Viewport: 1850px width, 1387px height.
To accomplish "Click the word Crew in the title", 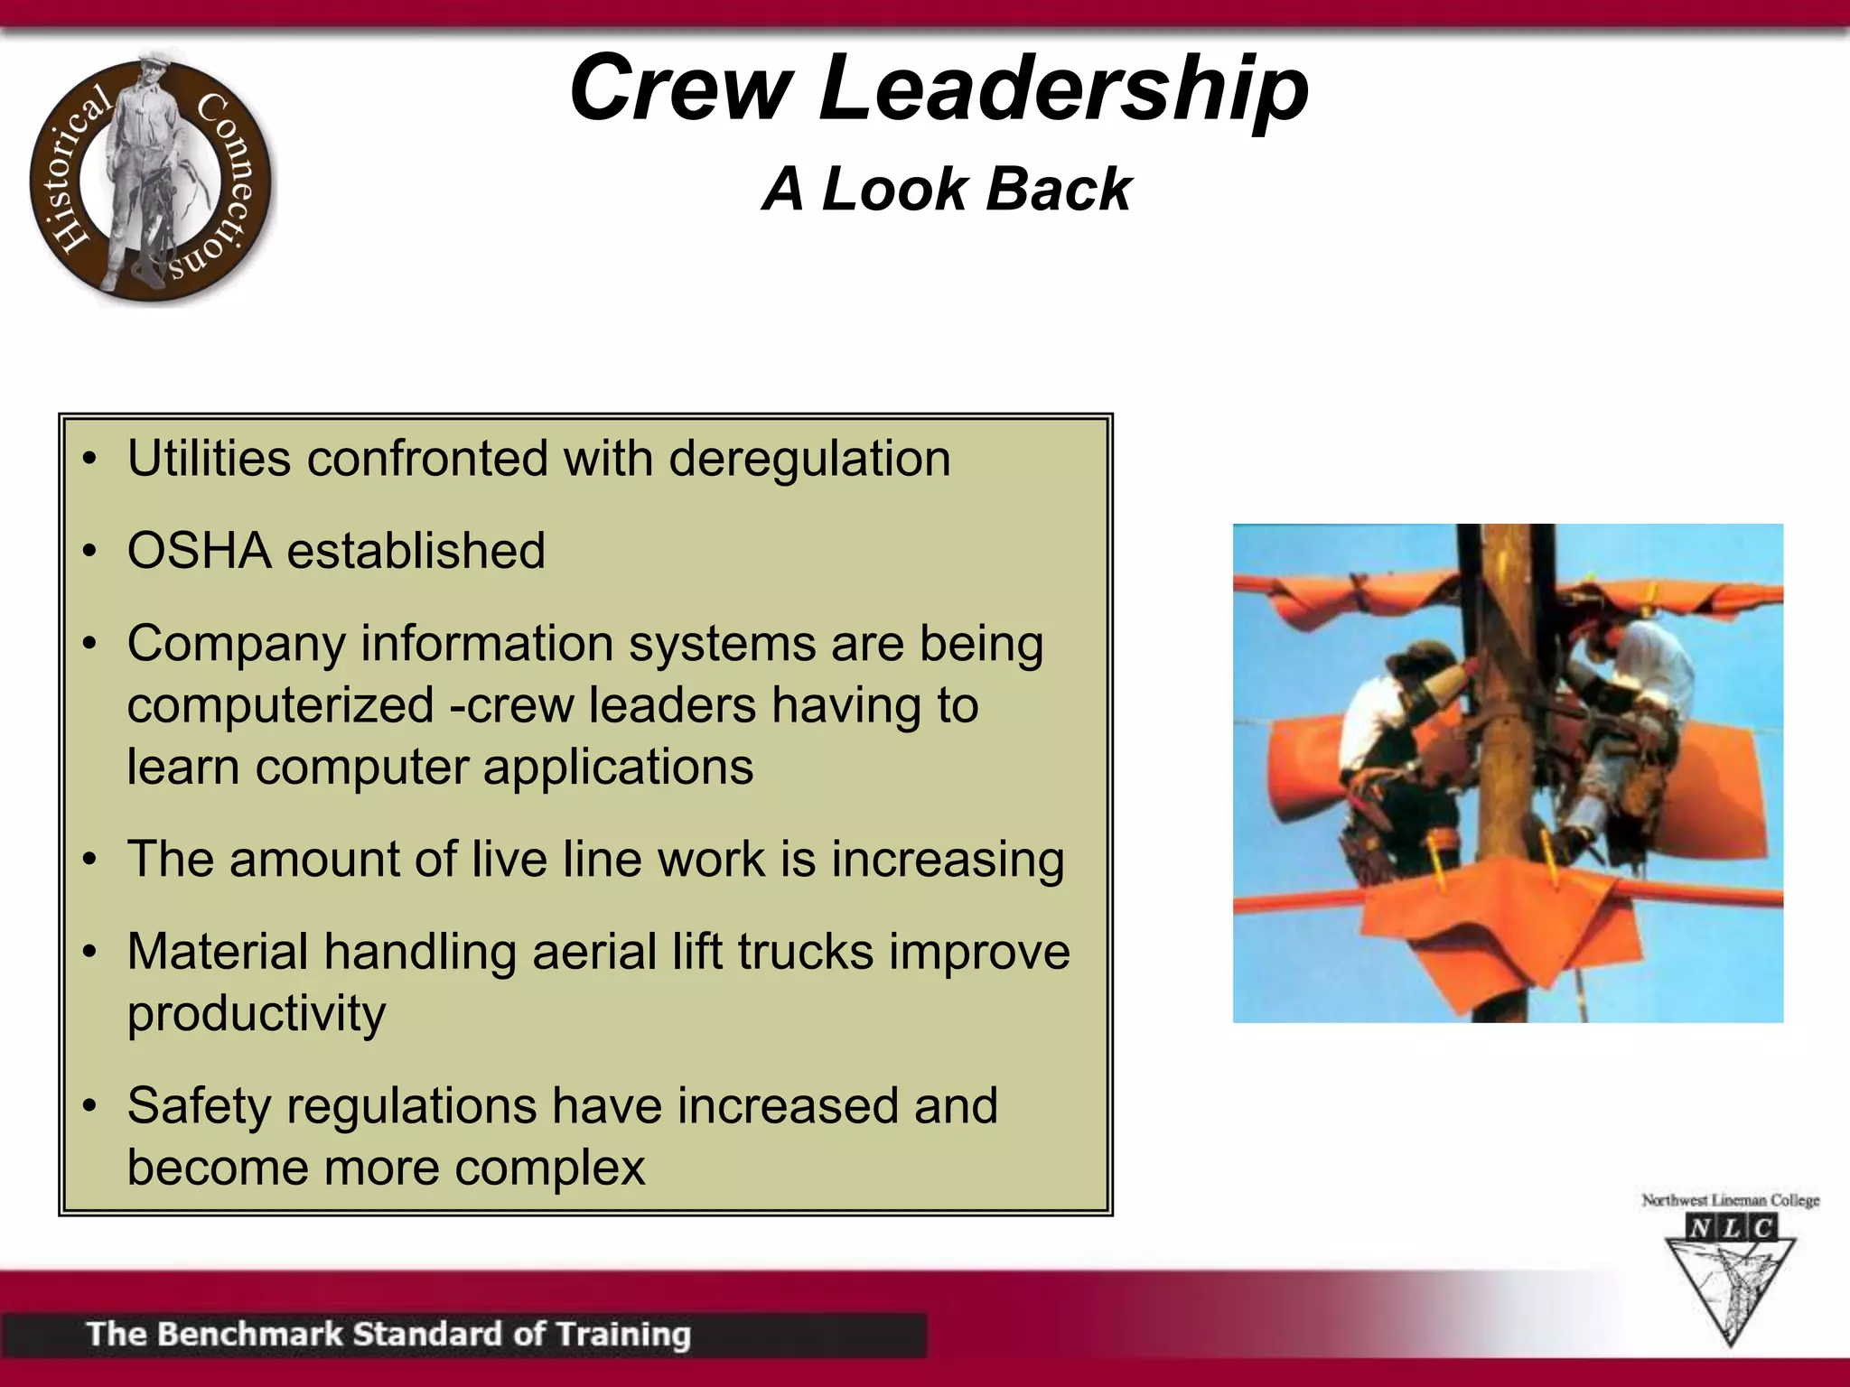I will (x=680, y=88).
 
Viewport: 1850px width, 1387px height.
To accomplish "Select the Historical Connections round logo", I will (x=150, y=179).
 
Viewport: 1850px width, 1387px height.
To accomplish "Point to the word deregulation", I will (x=809, y=459).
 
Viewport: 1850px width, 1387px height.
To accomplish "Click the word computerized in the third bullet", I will (x=280, y=705).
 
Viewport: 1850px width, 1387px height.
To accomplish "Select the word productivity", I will (x=257, y=1013).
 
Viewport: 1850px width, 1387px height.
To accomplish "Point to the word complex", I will (x=549, y=1167).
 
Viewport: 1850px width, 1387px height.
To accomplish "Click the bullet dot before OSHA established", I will (x=89, y=551).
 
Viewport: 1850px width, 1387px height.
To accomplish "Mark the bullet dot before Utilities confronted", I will (x=89, y=459).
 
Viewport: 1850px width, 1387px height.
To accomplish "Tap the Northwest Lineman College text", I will (x=1730, y=1200).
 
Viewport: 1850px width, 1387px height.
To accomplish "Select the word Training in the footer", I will (x=622, y=1334).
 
